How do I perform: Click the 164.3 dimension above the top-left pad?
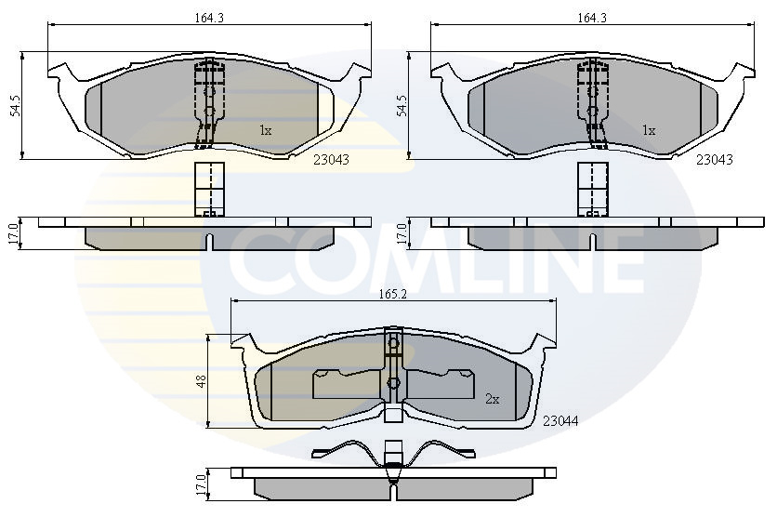tap(209, 18)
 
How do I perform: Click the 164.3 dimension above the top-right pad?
tap(592, 18)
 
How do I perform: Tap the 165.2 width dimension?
tap(393, 294)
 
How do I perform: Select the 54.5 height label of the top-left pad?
tap(17, 106)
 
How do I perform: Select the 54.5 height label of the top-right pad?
tap(401, 106)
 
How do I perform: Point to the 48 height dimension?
tap(202, 381)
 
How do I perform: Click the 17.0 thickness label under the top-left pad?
tap(13, 233)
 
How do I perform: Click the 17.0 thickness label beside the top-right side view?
tap(402, 233)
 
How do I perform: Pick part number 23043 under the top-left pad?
tap(332, 160)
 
